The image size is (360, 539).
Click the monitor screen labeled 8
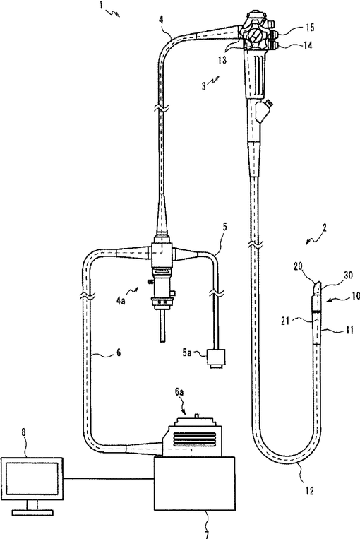click(32, 478)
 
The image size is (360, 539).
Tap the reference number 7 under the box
click(207, 535)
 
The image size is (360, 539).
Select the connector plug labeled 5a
click(217, 360)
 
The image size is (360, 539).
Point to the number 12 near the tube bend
click(309, 491)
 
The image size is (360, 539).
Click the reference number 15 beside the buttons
click(309, 27)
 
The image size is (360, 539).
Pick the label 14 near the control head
click(308, 45)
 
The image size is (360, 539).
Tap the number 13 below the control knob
click(222, 60)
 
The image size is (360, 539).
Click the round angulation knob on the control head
click(254, 35)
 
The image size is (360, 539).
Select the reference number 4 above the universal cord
click(161, 19)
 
